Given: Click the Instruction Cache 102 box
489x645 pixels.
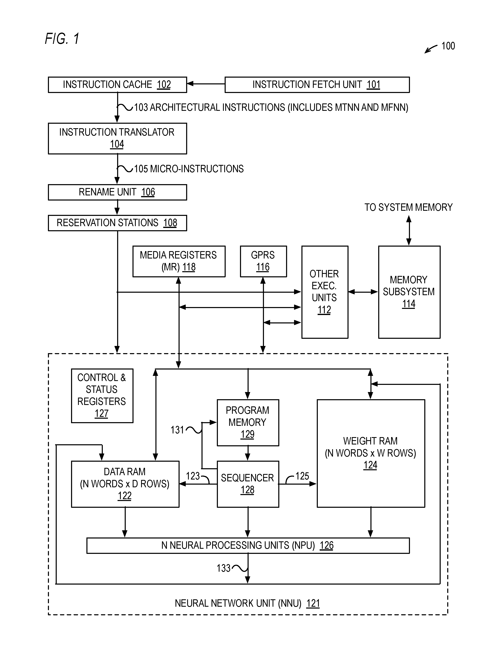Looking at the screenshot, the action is coord(117,85).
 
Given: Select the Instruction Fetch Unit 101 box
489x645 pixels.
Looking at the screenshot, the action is coord(317,85).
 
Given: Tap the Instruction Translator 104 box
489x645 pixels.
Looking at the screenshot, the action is coord(117,138).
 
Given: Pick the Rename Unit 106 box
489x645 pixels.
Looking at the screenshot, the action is coord(117,192).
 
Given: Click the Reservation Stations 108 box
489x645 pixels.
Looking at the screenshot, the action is coord(117,223).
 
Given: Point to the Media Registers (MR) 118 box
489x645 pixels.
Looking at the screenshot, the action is coord(179,261).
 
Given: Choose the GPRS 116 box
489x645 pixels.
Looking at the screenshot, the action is coord(263,261).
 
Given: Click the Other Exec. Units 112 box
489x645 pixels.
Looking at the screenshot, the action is coord(325,292).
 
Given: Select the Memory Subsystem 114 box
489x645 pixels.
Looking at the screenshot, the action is coord(409,292).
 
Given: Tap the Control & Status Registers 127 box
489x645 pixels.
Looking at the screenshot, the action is coord(102,396).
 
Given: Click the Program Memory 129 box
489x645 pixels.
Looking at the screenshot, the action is coord(248,423).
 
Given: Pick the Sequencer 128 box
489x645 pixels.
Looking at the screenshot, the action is coord(248,484).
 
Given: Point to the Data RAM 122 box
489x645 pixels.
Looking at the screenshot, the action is coord(125,484).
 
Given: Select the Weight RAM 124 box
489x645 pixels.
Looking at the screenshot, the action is coord(371,453).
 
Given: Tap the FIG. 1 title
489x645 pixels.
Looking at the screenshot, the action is coord(62,39).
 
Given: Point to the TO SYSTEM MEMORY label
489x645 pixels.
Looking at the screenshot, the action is coord(409,207).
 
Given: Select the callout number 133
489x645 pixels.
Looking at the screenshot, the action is coord(224,568).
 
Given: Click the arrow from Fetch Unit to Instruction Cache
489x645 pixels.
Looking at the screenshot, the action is coord(206,84).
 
